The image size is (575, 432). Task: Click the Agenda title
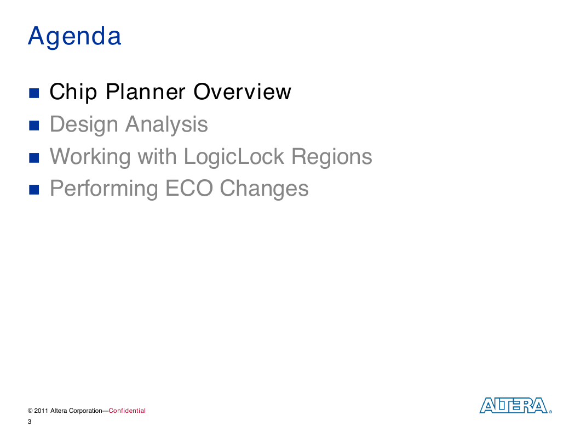[74, 37]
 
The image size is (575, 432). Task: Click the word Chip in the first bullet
[73, 92]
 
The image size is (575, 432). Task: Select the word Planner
[145, 92]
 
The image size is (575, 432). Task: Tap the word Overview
[242, 92]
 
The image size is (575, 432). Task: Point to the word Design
[84, 124]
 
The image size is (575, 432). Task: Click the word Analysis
[166, 124]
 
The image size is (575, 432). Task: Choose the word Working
[90, 156]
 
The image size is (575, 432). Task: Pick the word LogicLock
[234, 156]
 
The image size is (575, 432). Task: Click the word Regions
[332, 156]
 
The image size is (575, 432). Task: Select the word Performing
[104, 188]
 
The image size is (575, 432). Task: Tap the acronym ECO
[189, 188]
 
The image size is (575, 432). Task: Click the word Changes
[264, 188]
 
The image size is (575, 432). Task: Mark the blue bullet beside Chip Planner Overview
[34, 93]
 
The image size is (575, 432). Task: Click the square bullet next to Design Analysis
[34, 126]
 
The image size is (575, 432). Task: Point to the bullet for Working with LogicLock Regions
[34, 158]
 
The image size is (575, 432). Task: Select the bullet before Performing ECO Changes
[34, 190]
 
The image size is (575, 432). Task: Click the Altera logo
[515, 405]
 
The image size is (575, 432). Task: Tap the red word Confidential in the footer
[127, 411]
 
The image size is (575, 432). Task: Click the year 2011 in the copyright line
[41, 411]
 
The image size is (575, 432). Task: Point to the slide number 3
[30, 422]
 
